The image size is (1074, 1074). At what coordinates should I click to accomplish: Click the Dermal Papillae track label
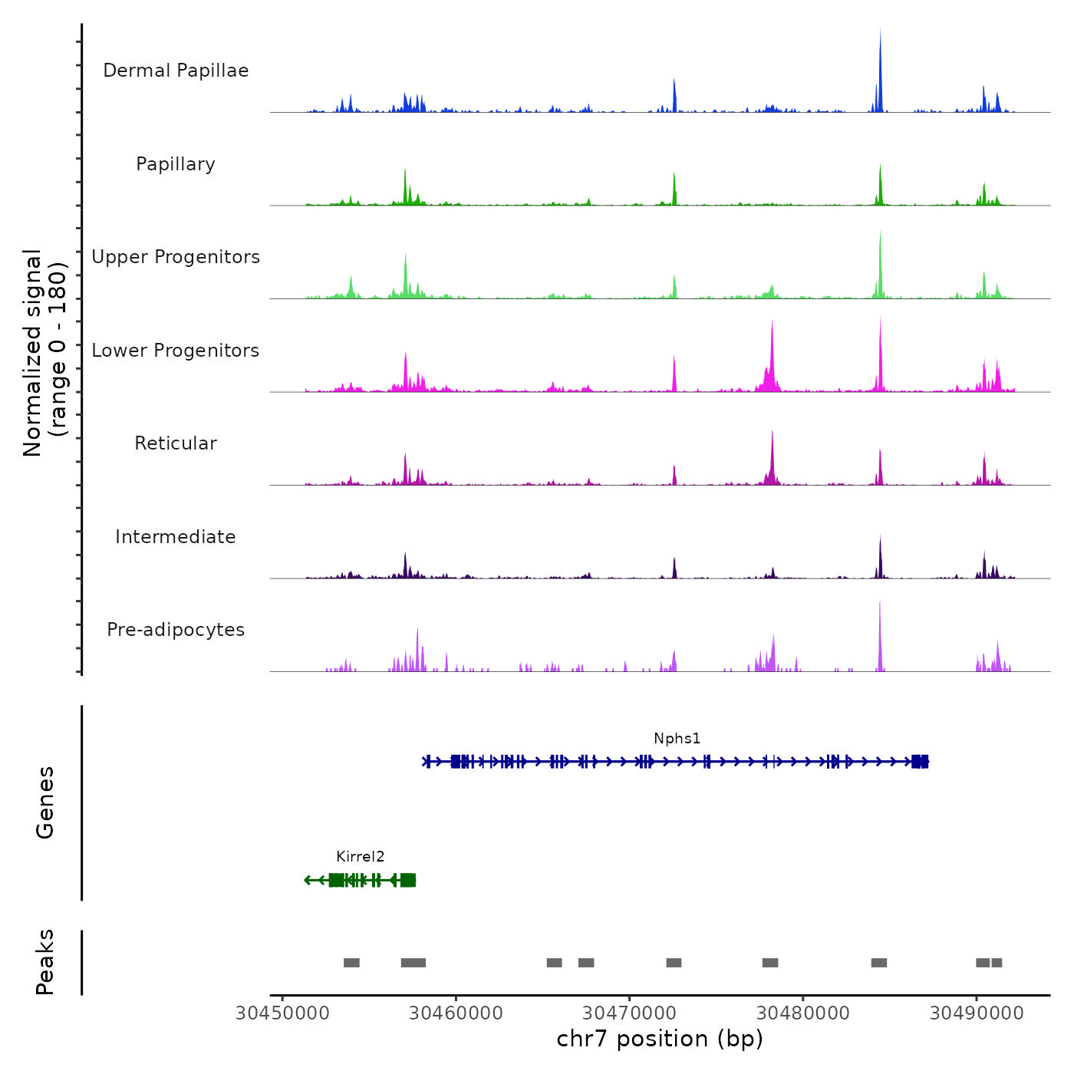[x=176, y=71]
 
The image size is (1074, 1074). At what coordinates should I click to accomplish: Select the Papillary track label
[x=176, y=164]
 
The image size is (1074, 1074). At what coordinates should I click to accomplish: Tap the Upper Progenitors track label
[x=176, y=257]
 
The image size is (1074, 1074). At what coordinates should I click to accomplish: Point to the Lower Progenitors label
[x=176, y=351]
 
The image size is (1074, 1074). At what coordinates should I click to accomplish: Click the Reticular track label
[x=176, y=443]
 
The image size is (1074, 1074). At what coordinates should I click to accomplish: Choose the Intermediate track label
[x=176, y=537]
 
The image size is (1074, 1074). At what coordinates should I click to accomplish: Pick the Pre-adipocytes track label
[x=176, y=630]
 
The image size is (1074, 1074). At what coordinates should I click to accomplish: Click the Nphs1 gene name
[x=677, y=739]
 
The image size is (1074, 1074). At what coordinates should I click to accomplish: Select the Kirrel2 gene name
[x=360, y=857]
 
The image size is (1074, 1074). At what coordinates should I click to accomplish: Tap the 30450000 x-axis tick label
[x=282, y=1013]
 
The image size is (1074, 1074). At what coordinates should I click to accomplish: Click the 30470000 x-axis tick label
[x=630, y=1013]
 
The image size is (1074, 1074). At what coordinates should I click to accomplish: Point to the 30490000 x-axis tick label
[x=977, y=1013]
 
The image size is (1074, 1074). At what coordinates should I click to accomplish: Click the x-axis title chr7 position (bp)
[x=660, y=1039]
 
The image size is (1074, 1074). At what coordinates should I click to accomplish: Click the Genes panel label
[x=45, y=802]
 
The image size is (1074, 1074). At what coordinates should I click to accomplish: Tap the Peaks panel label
[x=45, y=962]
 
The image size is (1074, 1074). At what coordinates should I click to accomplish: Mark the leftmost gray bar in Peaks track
[x=351, y=963]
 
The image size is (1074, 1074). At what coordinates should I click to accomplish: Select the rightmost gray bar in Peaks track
[x=997, y=963]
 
